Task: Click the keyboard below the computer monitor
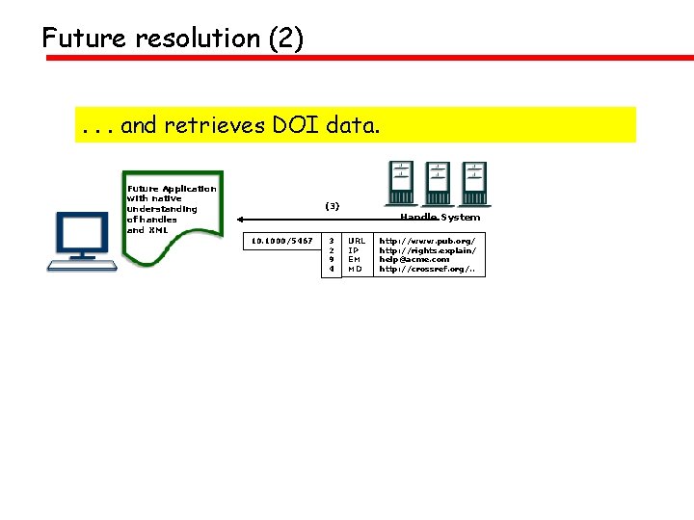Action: pos(85,264)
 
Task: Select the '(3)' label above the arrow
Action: pos(332,206)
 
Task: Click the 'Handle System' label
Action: pos(440,218)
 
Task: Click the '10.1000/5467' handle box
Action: pos(281,241)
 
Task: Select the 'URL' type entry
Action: pos(357,241)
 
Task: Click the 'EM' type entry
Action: pos(354,260)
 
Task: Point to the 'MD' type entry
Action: pos(355,270)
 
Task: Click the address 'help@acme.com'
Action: pos(414,260)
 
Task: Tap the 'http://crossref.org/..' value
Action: pos(426,270)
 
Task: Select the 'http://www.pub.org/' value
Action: pos(426,241)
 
